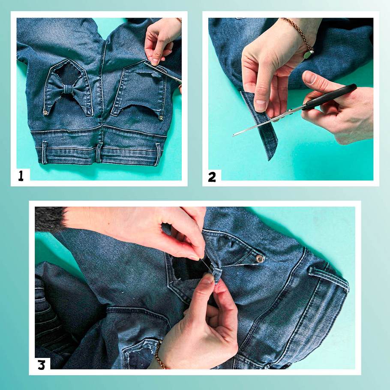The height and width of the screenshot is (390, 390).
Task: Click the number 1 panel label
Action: (x=21, y=176)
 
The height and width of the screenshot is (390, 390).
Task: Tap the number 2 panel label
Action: (x=212, y=177)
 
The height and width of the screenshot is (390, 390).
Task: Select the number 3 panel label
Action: (x=42, y=365)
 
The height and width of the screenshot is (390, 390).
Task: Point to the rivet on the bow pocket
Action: (x=45, y=113)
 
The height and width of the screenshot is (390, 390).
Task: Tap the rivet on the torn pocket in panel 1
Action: (x=161, y=118)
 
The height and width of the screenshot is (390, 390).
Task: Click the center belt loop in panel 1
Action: (x=99, y=153)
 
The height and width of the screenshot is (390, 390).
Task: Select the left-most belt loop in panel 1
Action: (x=45, y=153)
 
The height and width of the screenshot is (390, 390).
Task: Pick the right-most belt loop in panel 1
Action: (x=158, y=154)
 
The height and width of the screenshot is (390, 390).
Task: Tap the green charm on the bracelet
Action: (x=307, y=55)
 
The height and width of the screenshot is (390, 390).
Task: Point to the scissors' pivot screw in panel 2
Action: (x=289, y=111)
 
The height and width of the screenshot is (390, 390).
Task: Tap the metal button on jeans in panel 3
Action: (x=260, y=259)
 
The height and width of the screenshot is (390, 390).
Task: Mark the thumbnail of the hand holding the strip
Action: (x=261, y=102)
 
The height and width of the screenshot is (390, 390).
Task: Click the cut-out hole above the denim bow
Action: (x=66, y=73)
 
